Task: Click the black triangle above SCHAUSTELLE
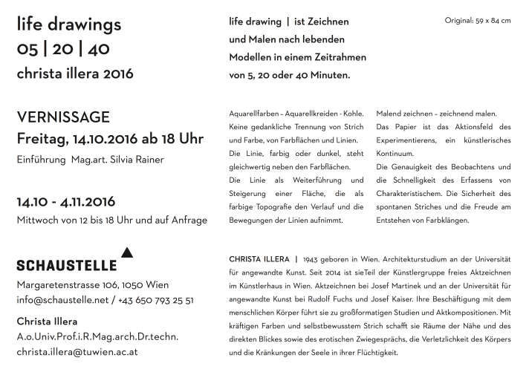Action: pos(126,253)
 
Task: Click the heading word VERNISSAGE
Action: pos(63,117)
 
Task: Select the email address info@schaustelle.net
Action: pos(62,301)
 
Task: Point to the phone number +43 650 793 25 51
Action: pos(158,301)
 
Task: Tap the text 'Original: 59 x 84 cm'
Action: pos(477,20)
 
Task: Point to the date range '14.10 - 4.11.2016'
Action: pos(68,202)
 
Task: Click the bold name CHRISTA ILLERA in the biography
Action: pos(258,260)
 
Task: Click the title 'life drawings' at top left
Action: pos(68,25)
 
